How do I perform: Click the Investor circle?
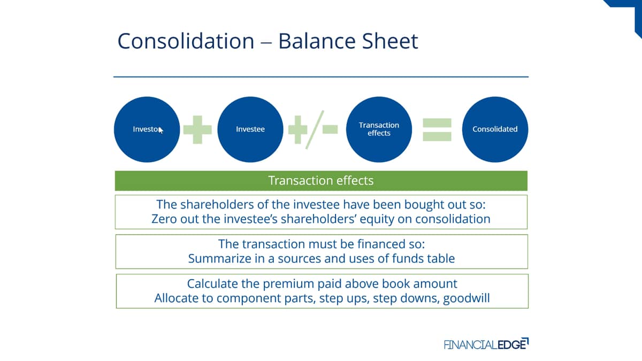[147, 129]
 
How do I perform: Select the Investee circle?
[250, 129]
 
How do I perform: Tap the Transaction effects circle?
[379, 129]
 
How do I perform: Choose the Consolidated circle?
[495, 129]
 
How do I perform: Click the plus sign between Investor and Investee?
[197, 130]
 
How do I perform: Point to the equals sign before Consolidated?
[437, 130]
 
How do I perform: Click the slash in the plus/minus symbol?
[315, 129]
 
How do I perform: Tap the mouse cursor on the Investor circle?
[160, 130]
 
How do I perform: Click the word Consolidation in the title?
[186, 41]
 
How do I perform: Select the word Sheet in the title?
[390, 41]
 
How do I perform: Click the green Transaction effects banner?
[321, 181]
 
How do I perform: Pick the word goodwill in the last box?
[467, 298]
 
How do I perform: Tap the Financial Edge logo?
[486, 344]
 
